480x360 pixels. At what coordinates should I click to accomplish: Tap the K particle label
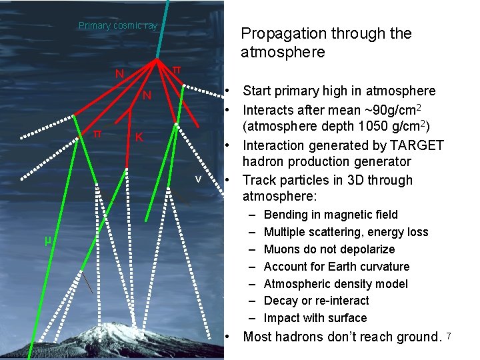[x=139, y=137]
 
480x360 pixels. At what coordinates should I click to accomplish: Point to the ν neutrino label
[x=198, y=179]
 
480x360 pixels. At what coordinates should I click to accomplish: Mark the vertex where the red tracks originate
[x=158, y=59]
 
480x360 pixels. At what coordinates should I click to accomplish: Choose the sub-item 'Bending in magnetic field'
[x=331, y=215]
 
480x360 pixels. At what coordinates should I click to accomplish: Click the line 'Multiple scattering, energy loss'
[x=345, y=232]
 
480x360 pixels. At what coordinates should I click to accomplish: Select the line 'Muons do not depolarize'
[x=329, y=249]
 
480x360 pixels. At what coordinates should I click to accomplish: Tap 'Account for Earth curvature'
[x=336, y=267]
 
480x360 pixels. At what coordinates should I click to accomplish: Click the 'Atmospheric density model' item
[x=335, y=284]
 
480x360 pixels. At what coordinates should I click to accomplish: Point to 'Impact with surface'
[x=315, y=318]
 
